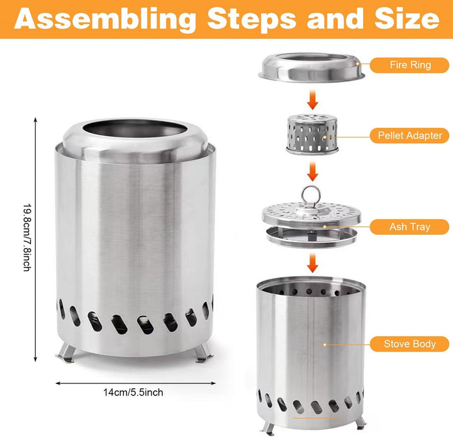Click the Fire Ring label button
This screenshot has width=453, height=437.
[410, 65]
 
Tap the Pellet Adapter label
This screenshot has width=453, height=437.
[410, 135]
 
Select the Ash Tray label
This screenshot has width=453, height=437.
[410, 227]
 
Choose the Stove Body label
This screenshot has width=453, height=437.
[410, 344]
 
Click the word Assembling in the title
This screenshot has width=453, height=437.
[105, 19]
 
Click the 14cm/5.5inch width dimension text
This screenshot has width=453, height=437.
[133, 392]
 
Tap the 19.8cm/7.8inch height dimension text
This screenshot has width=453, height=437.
[27, 237]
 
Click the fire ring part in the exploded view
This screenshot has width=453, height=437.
[311, 67]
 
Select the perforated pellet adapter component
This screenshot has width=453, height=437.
[312, 135]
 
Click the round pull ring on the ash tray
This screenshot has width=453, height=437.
[311, 195]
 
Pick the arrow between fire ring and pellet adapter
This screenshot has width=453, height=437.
[312, 100]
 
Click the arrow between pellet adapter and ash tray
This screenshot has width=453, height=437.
[312, 171]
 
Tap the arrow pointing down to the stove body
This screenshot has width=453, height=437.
[312, 263]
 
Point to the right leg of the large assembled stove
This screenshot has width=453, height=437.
[204, 353]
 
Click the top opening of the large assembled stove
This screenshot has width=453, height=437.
[135, 128]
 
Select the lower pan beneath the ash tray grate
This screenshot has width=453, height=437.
[311, 237]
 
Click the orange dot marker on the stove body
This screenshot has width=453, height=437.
[325, 344]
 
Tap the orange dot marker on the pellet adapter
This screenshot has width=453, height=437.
[325, 137]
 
